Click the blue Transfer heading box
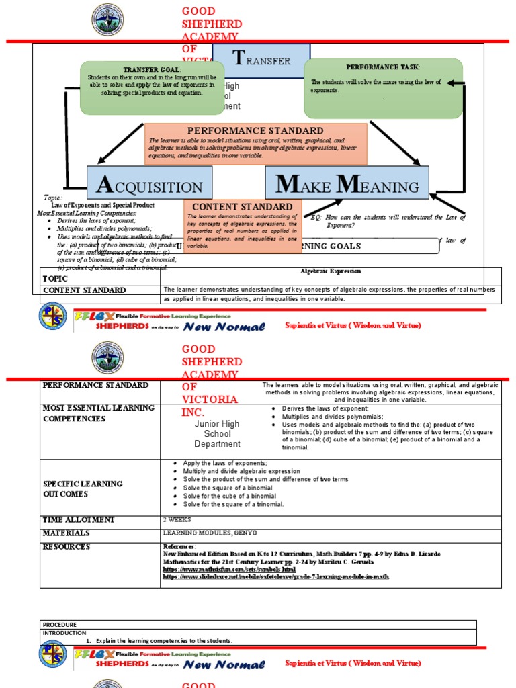[261, 61]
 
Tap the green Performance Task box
[383, 88]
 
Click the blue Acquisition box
[149, 183]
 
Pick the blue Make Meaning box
[347, 183]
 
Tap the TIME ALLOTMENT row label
[79, 520]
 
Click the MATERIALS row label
[66, 533]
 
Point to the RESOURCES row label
[67, 547]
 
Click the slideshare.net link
[275, 576]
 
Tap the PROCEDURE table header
[59, 624]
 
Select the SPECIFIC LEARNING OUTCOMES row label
[83, 488]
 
